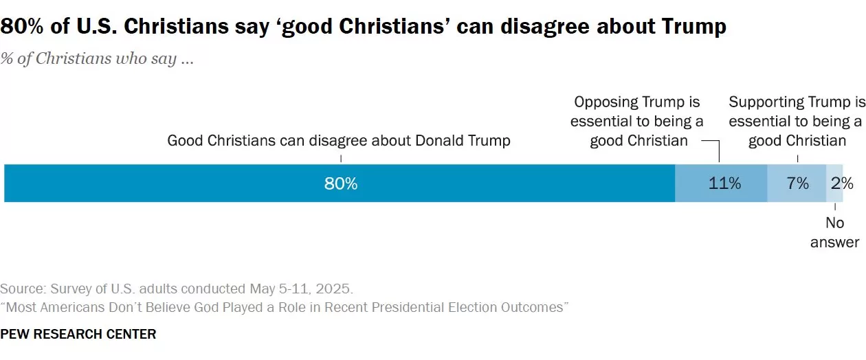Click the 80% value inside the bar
(341, 183)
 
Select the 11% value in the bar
(725, 183)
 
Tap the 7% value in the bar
(797, 183)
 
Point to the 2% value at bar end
(842, 183)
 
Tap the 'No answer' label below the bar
(834, 232)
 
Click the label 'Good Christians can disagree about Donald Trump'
(339, 141)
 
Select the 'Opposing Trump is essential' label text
(636, 122)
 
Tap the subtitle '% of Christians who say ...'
(97, 58)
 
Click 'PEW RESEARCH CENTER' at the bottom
(78, 335)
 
